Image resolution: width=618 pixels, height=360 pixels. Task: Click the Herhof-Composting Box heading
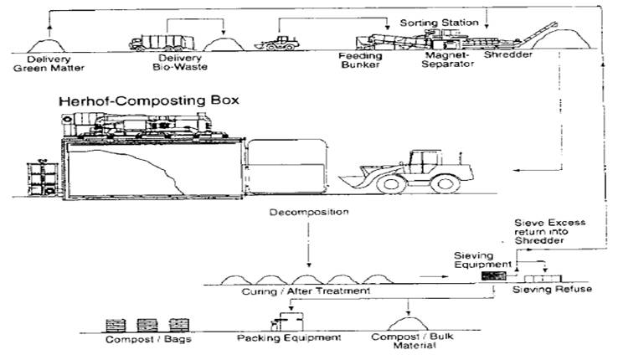148,100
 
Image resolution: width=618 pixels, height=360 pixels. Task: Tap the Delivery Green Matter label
49,64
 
